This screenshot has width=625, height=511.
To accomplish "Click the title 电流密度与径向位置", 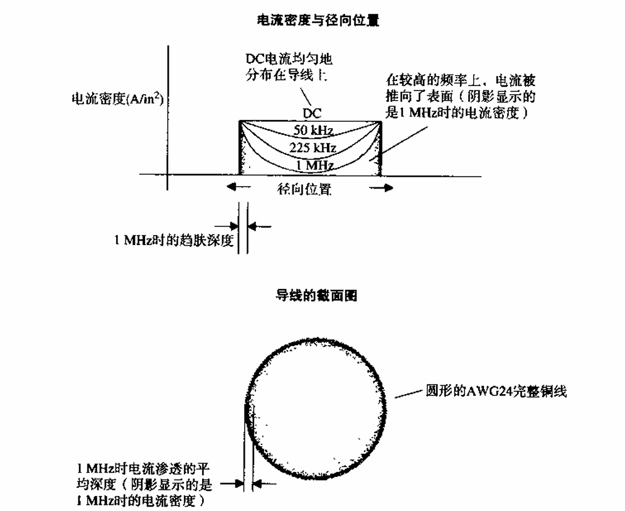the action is click(318, 20).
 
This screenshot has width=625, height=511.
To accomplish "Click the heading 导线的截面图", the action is click(316, 296).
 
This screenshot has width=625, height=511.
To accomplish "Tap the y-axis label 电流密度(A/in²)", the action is click(117, 98).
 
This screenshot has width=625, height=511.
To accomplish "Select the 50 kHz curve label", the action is click(313, 129).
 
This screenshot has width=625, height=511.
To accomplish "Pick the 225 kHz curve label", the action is click(313, 148).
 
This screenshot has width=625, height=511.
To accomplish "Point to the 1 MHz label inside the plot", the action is click(315, 165).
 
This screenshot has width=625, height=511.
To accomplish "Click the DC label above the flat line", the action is click(312, 113).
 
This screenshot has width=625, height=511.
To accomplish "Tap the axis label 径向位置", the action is click(304, 189).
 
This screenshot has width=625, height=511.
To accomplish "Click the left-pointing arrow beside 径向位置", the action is click(238, 187).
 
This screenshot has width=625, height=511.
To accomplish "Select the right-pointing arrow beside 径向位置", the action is click(381, 188).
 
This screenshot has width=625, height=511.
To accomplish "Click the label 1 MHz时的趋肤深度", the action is click(174, 240).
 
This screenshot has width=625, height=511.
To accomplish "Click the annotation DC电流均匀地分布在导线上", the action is click(289, 67).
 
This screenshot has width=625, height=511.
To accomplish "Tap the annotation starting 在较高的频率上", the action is click(461, 97).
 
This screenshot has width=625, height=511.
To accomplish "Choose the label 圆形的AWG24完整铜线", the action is click(496, 391).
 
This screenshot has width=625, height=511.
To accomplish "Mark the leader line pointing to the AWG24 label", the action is click(409, 393).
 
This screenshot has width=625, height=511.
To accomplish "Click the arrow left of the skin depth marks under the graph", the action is click(226, 227).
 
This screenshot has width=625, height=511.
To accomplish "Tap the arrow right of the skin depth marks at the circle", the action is click(265, 484).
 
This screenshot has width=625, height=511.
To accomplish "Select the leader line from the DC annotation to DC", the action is click(305, 96).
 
